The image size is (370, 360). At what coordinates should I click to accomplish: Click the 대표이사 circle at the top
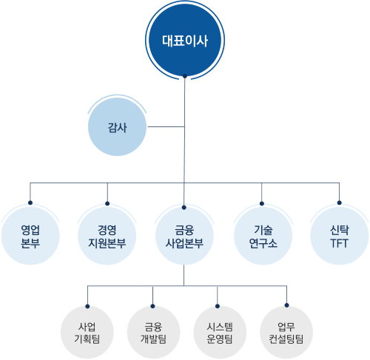(185, 40)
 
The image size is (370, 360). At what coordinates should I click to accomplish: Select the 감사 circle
(117, 127)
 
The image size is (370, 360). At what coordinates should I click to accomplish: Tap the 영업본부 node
(30, 236)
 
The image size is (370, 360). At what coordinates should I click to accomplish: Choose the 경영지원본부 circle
(107, 236)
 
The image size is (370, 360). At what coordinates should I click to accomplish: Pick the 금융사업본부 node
(184, 236)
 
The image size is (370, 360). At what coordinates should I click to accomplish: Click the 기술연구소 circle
(263, 236)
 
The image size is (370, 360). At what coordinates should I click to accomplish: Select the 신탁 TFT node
(340, 236)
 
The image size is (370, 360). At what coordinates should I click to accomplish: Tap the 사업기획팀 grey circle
(87, 333)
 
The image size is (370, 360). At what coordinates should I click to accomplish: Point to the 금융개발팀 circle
(153, 333)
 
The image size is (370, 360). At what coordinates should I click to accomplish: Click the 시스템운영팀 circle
(220, 333)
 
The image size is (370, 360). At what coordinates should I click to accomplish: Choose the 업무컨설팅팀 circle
(286, 333)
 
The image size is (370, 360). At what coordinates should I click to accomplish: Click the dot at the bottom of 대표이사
(185, 76)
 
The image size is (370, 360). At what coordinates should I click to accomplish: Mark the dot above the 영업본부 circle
(30, 203)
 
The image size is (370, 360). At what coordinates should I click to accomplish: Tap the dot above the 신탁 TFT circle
(340, 203)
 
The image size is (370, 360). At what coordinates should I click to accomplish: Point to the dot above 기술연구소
(262, 203)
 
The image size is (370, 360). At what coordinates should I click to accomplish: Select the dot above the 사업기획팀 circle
(87, 307)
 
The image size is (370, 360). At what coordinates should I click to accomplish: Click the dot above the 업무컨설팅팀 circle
(286, 305)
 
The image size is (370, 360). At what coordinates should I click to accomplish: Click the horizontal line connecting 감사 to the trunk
(166, 127)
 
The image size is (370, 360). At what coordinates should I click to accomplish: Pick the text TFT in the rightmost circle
(340, 243)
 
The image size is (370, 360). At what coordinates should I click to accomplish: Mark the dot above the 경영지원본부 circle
(107, 203)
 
